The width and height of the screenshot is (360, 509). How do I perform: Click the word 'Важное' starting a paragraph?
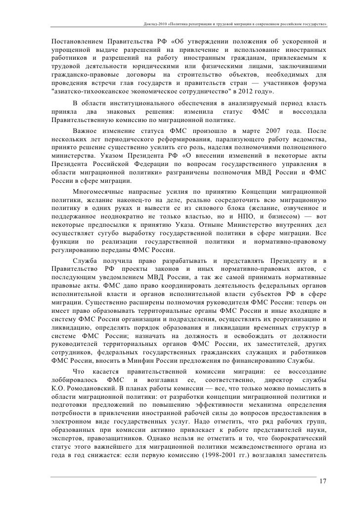[86, 133]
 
